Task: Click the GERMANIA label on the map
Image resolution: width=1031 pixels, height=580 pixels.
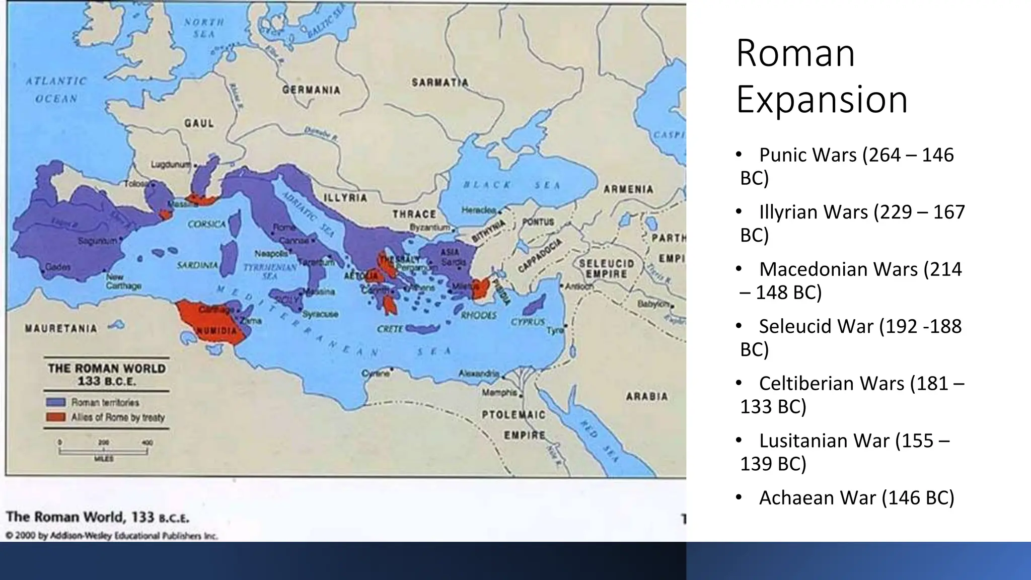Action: coord(311,90)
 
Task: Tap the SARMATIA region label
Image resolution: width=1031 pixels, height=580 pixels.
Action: coord(440,83)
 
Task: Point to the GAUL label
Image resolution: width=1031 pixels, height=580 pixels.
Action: coord(199,123)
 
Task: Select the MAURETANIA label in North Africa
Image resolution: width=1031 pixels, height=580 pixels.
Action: coord(61,329)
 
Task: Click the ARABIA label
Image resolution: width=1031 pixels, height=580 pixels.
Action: coord(647,397)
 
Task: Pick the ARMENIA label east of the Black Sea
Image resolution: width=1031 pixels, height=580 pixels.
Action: coord(628,189)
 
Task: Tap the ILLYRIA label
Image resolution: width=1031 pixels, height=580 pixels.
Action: coord(345,198)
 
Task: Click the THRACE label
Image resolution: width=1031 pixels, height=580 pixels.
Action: coord(414,214)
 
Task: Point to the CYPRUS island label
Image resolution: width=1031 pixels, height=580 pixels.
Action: coord(528,322)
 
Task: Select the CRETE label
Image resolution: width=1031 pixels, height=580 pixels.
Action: coord(390,329)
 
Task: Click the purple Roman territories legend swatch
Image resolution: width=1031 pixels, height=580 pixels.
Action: coord(55,402)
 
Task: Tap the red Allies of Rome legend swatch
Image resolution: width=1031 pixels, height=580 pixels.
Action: coord(55,417)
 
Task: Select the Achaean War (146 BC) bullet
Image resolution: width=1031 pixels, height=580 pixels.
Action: coord(856,497)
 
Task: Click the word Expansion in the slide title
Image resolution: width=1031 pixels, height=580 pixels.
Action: coord(822,99)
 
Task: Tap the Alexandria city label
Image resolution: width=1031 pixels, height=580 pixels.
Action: coord(478,374)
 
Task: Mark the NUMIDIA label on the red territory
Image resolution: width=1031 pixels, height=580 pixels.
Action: coord(216,331)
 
